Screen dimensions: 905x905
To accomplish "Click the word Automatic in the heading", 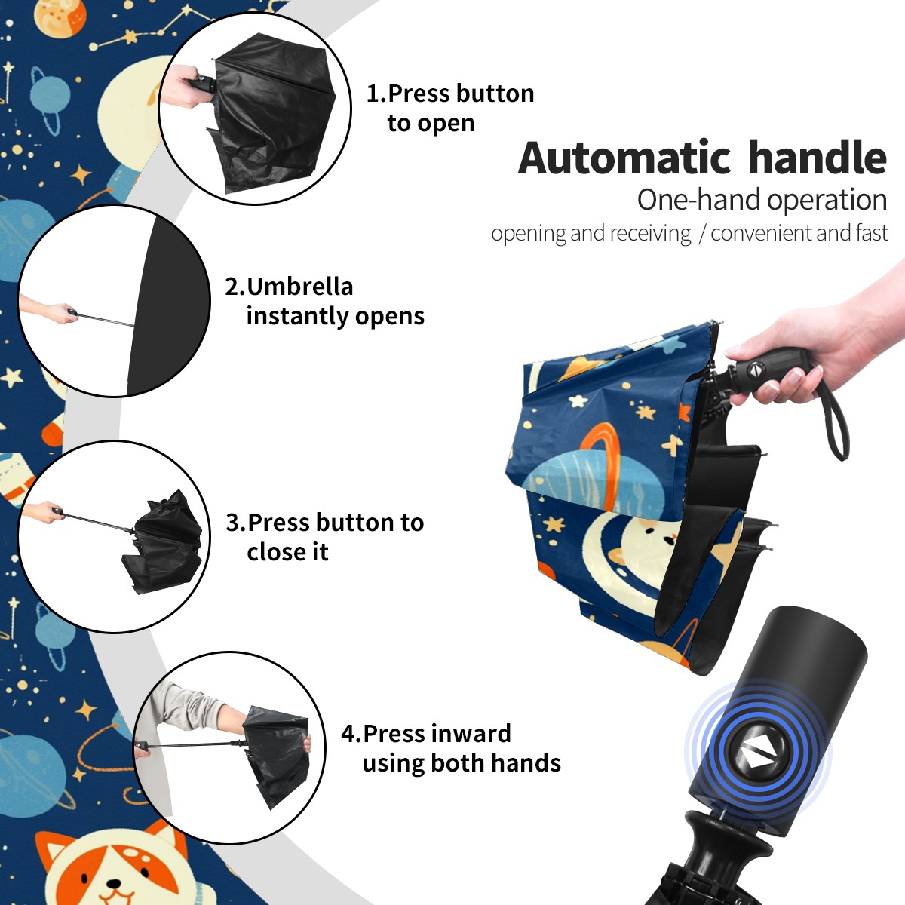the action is click(x=624, y=158).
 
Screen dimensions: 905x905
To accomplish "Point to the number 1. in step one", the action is click(x=376, y=94).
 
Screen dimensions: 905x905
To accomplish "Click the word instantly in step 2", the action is click(x=297, y=315).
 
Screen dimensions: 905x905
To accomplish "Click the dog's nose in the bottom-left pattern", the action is click(x=114, y=885).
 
